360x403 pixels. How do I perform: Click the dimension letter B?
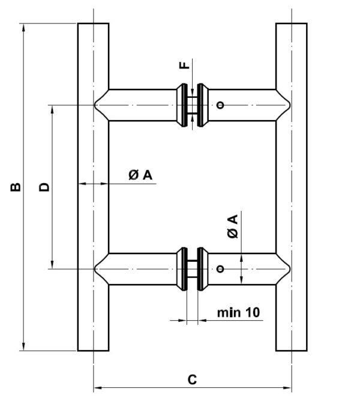coord(16,187)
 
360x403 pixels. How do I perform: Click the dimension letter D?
coord(43,187)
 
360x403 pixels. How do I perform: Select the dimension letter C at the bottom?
coord(192,380)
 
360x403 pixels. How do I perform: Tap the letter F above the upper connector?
coord(185,64)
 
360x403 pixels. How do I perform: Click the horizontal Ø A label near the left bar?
coord(141,174)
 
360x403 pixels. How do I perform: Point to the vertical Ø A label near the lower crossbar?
coord(233,226)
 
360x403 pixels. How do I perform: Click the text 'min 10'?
coord(238,312)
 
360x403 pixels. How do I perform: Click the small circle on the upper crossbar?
coord(221,106)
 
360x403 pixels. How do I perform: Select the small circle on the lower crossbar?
coord(221,268)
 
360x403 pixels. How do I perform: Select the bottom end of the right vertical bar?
coord(292,349)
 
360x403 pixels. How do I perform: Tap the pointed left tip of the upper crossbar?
coord(95,106)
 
